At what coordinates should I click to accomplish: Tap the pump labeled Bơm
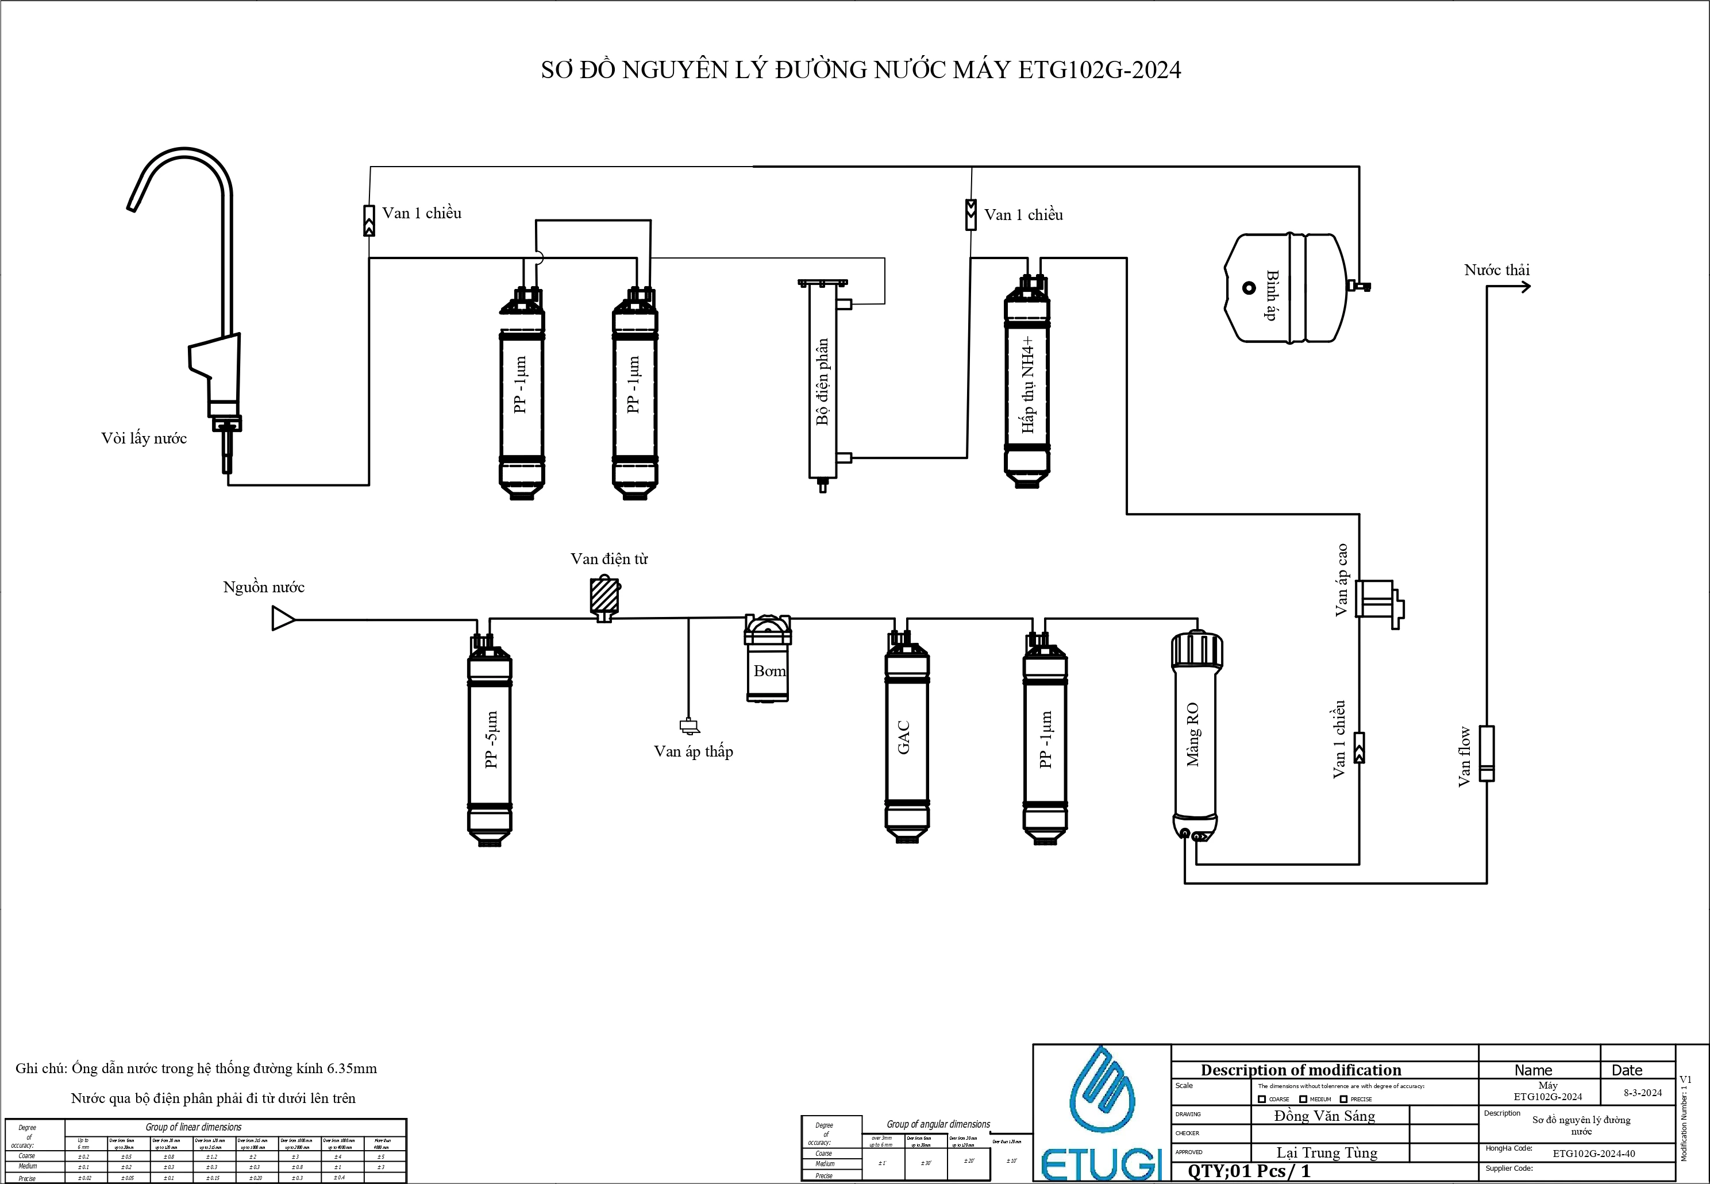coord(767,660)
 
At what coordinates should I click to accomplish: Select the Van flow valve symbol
coord(1486,753)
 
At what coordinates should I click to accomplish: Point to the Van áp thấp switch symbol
coord(688,726)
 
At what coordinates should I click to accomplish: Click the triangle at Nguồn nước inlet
coord(283,619)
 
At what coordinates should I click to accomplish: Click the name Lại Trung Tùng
coord(1326,1152)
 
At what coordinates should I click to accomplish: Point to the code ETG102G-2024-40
coord(1593,1154)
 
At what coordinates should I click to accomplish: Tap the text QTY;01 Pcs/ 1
coord(1249,1171)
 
